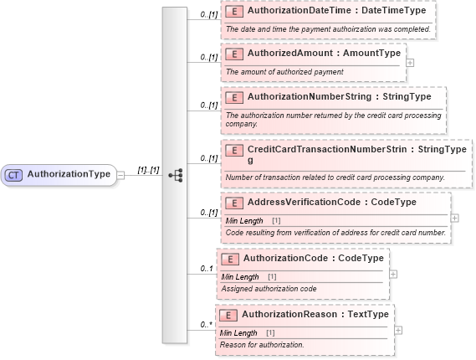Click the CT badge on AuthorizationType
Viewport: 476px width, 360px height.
coord(14,174)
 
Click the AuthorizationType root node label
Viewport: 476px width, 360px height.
coord(69,174)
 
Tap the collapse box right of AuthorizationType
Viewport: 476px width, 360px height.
coord(120,174)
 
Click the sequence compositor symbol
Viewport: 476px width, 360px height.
coord(176,175)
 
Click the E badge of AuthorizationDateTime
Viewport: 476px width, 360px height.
coord(236,11)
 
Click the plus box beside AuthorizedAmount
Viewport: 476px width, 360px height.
coord(409,62)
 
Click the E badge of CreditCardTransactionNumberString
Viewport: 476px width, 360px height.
coord(236,150)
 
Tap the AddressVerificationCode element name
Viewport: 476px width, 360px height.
coord(308,203)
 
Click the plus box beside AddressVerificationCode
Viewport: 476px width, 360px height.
coord(454,218)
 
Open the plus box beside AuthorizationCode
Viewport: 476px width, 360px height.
coord(393,273)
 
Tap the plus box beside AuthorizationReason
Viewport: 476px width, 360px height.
coord(398,329)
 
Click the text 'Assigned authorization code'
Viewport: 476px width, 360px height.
coord(269,288)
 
